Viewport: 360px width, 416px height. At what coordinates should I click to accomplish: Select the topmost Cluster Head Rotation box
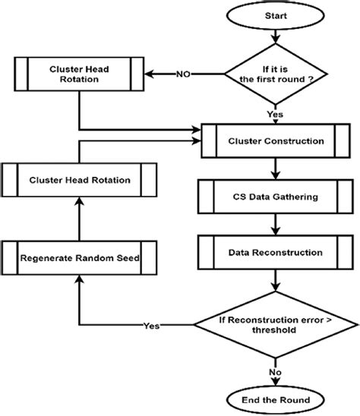(79, 74)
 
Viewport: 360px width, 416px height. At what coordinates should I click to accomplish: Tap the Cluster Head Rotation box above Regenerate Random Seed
(79, 180)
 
